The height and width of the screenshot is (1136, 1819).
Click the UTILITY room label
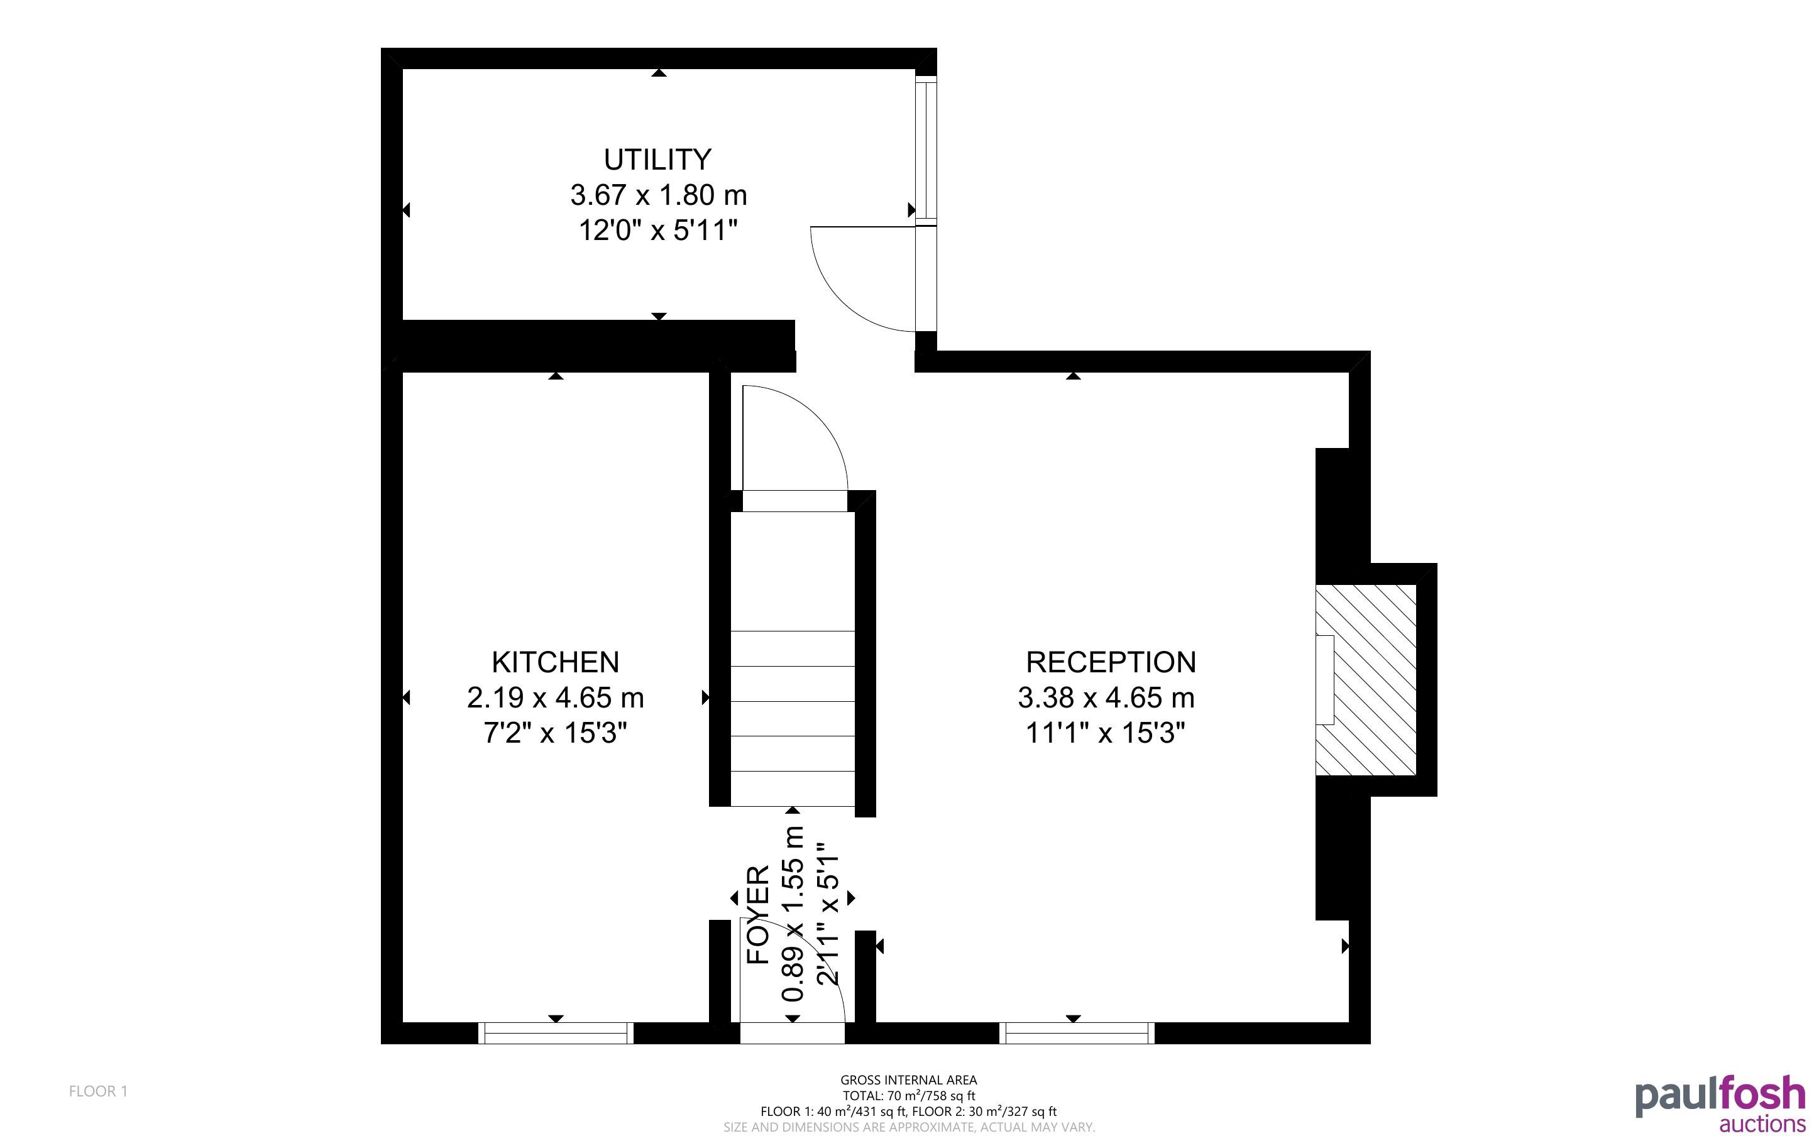tap(657, 160)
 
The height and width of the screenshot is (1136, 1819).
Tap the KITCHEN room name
tap(555, 662)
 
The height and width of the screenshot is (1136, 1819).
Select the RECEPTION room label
tap(1111, 662)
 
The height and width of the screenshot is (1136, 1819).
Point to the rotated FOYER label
tap(758, 914)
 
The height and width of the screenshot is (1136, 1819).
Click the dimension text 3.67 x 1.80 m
tap(658, 195)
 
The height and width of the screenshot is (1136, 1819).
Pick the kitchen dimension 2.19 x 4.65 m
tap(555, 698)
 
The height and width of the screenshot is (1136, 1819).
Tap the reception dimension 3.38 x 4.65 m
tap(1106, 698)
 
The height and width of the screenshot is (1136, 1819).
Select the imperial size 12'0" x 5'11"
tap(658, 231)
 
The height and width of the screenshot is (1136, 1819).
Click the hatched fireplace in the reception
tap(1366, 680)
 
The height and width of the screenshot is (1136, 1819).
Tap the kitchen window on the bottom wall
tap(556, 1033)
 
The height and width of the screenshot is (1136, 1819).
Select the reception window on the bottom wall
tap(1077, 1033)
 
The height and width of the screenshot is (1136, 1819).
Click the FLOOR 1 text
tap(99, 1091)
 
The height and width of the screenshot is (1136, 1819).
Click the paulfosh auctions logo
tap(1720, 1105)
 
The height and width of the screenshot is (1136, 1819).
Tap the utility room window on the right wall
tap(926, 150)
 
